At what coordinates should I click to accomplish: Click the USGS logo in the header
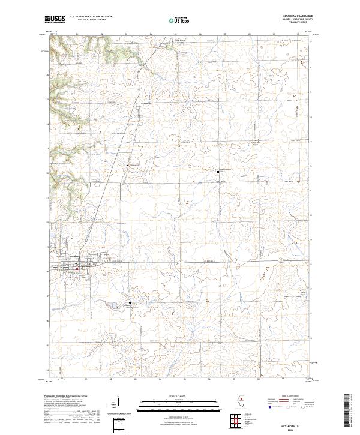tap(55, 19)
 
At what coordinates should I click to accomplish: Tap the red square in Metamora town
tap(77, 268)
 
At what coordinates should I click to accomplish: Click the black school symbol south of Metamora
tap(130, 304)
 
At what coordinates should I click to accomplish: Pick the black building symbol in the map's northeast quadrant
tap(217, 172)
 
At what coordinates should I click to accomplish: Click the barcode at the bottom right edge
tap(349, 414)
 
